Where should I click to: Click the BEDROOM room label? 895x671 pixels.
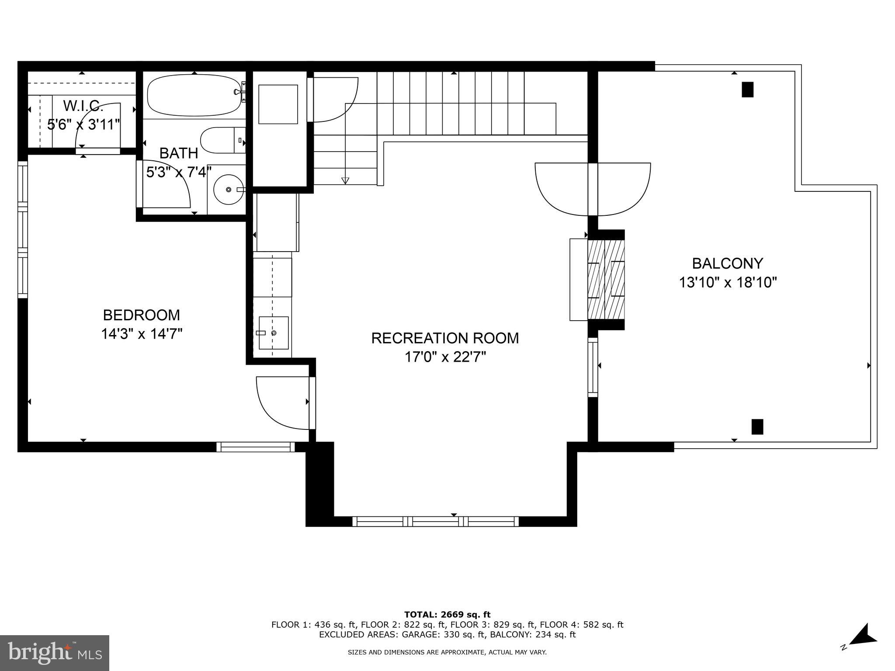coord(141,315)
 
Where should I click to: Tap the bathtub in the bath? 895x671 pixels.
coord(194,95)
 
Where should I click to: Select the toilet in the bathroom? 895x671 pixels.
coord(222,140)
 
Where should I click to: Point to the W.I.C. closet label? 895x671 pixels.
coord(83,106)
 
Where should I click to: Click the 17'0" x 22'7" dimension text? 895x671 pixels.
coord(445,357)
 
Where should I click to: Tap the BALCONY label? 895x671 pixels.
coord(727,263)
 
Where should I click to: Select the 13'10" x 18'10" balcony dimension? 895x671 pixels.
coord(727,283)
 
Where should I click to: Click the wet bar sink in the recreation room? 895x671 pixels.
coord(274,333)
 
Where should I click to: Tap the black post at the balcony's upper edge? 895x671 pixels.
coord(747,90)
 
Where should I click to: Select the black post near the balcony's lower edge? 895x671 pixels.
coord(757,427)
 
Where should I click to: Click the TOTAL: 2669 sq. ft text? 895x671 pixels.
coord(447,615)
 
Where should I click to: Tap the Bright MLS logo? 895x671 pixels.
coord(55,653)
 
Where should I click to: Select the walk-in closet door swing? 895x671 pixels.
coord(98,127)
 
